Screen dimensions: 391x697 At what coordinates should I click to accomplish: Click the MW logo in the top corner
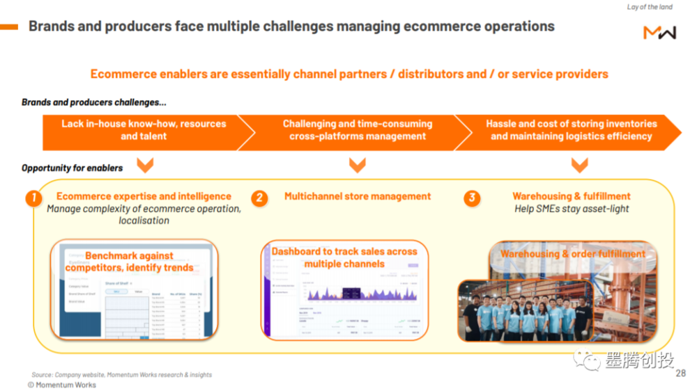coord(659,33)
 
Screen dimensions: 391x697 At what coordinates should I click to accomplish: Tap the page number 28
coord(680,374)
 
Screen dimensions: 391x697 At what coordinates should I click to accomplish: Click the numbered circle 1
coord(33,198)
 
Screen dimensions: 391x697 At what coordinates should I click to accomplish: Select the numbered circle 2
coord(259,198)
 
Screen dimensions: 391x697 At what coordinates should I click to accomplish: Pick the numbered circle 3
coord(472,198)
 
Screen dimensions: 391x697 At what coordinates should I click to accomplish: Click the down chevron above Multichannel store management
coord(357,165)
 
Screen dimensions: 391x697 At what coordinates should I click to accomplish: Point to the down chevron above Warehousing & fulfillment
coord(579,165)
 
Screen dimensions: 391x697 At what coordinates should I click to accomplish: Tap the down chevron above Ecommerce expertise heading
coord(144,165)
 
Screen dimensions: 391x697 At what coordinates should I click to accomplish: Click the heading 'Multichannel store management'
coord(358,197)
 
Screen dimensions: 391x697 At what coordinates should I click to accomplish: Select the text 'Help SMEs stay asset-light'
coord(572,209)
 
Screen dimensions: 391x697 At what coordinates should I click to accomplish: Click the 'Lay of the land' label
coord(650,7)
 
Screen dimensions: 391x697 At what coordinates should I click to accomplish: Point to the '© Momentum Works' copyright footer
coord(62,385)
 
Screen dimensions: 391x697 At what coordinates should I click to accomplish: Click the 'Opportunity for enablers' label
coord(72,168)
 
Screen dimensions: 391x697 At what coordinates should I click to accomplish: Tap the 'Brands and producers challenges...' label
coord(93,102)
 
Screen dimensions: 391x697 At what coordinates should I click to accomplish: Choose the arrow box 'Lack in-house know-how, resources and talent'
coord(144,130)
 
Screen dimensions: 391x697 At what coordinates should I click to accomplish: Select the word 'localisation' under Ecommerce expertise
coord(144,221)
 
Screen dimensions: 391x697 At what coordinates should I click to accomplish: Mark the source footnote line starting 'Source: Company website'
coord(121,374)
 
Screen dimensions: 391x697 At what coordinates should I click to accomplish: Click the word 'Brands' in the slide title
coord(52,26)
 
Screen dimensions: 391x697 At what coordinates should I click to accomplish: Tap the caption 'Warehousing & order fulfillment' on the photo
coord(572,254)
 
